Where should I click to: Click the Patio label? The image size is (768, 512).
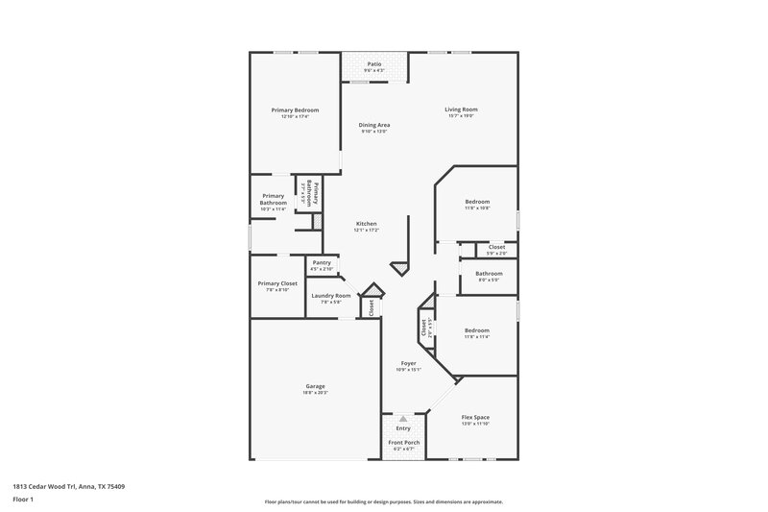click(374, 64)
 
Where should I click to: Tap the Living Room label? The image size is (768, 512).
click(461, 110)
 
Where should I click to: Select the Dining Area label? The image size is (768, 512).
click(374, 125)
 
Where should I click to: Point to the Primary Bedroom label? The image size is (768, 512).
click(294, 110)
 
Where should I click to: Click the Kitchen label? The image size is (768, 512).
click(367, 224)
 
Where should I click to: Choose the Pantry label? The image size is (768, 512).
click(322, 262)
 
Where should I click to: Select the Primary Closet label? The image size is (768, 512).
click(276, 283)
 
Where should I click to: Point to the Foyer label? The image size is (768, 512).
click(408, 363)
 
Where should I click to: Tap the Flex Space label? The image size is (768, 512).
click(476, 417)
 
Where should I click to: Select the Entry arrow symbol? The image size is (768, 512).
click(402, 419)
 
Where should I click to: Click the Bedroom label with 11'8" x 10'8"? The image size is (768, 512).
click(477, 202)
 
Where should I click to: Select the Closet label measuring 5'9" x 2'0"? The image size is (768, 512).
click(496, 248)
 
